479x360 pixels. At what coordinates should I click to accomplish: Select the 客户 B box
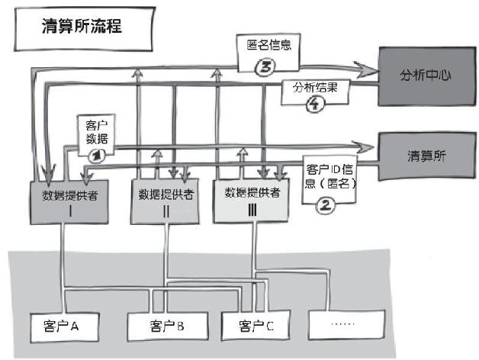click(x=162, y=327)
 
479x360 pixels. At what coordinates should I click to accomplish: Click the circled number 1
click(x=96, y=155)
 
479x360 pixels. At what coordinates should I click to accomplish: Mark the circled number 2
click(x=325, y=204)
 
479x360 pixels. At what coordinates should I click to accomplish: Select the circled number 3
click(x=264, y=67)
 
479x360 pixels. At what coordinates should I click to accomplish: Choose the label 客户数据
click(x=96, y=133)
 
